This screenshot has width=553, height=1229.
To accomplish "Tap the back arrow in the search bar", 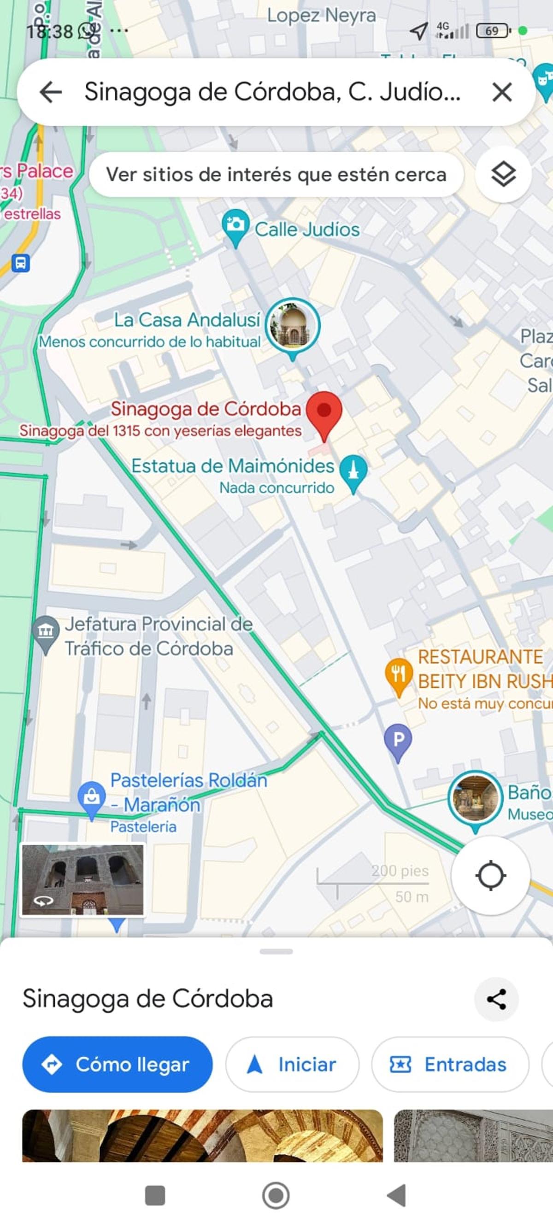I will coord(51,92).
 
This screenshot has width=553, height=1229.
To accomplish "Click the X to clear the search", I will coord(501,92).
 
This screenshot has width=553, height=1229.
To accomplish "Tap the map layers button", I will coord(503,175).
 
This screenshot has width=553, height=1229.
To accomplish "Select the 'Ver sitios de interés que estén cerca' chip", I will coord(276,175).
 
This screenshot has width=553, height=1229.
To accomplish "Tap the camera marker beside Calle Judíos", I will coord(235,225).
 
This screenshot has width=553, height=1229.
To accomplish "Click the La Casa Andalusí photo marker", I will coord(293,325).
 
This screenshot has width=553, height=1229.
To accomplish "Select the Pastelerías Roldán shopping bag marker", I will coord(92,797).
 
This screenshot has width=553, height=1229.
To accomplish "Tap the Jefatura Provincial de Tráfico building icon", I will coord(46,632).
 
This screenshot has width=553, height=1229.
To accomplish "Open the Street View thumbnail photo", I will coord(82,880).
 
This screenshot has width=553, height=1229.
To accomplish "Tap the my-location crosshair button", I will coord(490,876).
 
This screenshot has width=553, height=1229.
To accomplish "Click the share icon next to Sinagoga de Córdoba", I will coord(496,1000).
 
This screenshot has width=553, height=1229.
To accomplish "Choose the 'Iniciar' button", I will coord(292,1064).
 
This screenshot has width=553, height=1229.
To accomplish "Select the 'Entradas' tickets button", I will coord(449,1064).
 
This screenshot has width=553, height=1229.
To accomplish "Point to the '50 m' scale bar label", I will coord(411,897).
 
